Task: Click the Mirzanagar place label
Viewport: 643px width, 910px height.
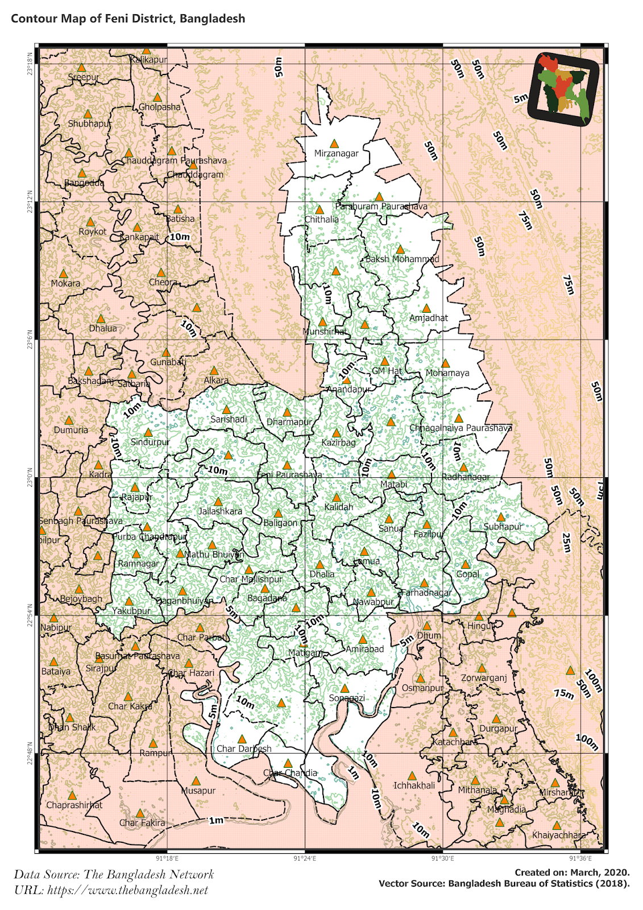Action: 337,154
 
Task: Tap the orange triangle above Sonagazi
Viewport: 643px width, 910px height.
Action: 345,689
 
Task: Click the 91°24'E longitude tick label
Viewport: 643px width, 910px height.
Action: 305,859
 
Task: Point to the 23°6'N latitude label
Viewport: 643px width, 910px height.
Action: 29,339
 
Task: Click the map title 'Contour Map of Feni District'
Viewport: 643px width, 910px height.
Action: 128,18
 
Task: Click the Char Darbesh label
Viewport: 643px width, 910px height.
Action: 244,748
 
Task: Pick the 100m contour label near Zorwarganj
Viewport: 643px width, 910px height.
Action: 593,680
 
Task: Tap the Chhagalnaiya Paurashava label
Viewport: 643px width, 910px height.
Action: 461,428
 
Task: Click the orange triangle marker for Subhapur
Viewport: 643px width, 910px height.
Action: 501,518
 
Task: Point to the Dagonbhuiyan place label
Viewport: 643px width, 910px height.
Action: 185,601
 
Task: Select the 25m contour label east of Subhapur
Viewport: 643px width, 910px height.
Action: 566,542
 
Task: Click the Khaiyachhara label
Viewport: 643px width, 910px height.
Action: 558,835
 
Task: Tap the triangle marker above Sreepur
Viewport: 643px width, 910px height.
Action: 81,68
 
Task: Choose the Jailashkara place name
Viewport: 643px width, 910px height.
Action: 220,511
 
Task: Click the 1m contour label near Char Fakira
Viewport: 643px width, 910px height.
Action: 216,820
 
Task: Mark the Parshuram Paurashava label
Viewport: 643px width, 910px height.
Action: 381,206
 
